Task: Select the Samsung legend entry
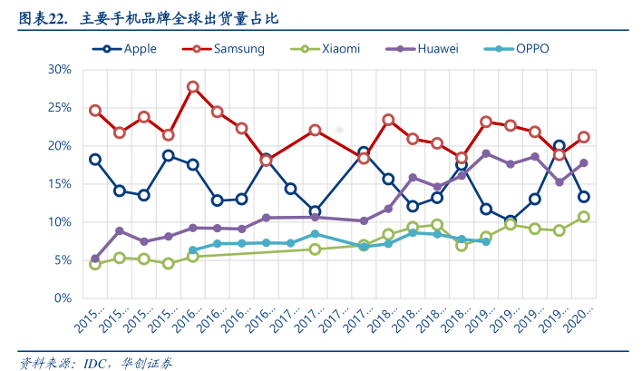coord(238,49)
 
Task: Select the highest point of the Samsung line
coord(193,87)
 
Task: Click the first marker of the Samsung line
coord(95,111)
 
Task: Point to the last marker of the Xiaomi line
coord(584,217)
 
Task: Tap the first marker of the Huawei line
coord(95,259)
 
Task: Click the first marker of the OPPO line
coord(193,250)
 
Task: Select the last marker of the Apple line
coord(584,197)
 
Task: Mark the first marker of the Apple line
coord(95,160)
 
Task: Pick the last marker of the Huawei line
coord(584,163)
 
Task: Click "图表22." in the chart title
coord(44,18)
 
